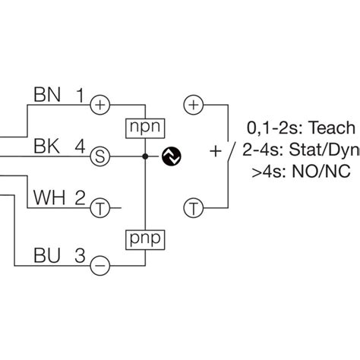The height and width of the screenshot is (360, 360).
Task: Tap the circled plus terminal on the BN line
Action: pos(99,105)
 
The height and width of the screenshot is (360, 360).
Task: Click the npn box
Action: pos(144,125)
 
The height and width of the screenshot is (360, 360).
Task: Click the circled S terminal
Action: pos(99,156)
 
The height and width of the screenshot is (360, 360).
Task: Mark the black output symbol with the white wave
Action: pos(172,156)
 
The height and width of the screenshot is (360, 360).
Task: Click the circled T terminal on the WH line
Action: pos(99,207)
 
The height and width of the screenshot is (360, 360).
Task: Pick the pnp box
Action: pos(144,239)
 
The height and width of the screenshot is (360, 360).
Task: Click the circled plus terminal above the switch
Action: pos(195,105)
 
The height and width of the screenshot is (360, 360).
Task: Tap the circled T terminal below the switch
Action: pos(195,207)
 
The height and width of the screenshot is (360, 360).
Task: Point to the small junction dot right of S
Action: pos(144,156)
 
